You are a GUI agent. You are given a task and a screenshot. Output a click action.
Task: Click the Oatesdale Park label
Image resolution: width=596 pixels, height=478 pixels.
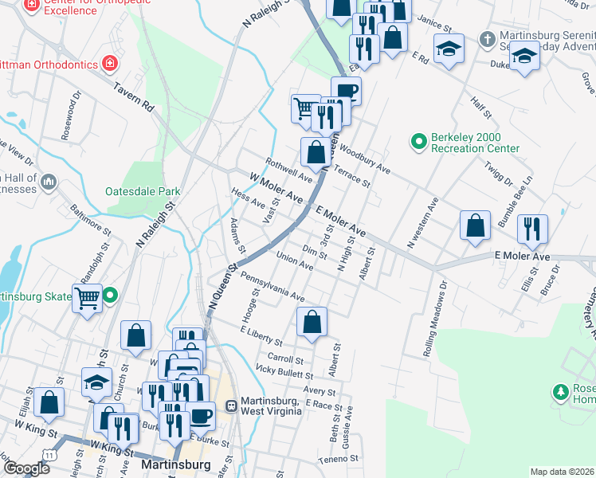(143, 191)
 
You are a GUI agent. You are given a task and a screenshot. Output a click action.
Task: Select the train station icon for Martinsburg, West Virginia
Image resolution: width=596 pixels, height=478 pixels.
(232, 405)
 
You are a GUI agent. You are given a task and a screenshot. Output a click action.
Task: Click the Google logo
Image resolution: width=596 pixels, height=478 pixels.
(26, 468)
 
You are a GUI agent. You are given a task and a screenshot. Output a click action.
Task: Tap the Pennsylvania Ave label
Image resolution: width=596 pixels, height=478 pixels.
(272, 285)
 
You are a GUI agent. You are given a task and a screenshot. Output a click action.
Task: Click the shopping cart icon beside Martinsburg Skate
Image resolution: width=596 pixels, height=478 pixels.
(87, 299)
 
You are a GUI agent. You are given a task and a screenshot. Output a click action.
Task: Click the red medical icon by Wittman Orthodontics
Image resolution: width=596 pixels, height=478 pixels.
(111, 64)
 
